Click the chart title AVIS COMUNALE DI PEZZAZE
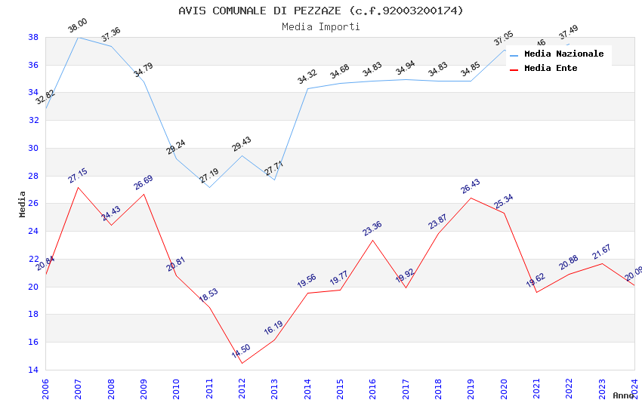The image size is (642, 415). [x=321, y=11]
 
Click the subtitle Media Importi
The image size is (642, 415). [x=321, y=26]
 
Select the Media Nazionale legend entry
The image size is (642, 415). [x=563, y=54]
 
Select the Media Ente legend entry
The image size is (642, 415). [x=551, y=68]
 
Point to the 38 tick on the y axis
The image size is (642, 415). [x=33, y=37]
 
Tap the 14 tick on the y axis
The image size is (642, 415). [x=33, y=370]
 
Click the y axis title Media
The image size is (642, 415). [x=23, y=204]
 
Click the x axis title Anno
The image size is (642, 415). [x=623, y=395]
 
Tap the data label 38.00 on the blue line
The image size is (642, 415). [x=77, y=26]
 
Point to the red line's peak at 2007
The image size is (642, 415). [x=78, y=187]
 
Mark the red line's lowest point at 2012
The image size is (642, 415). [x=242, y=363]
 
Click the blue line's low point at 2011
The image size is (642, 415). [x=209, y=187]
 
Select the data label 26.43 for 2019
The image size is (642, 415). [x=471, y=186]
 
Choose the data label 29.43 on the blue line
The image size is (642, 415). [x=242, y=145]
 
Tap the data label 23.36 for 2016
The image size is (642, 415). [x=372, y=229]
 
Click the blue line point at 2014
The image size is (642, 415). [x=307, y=88]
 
